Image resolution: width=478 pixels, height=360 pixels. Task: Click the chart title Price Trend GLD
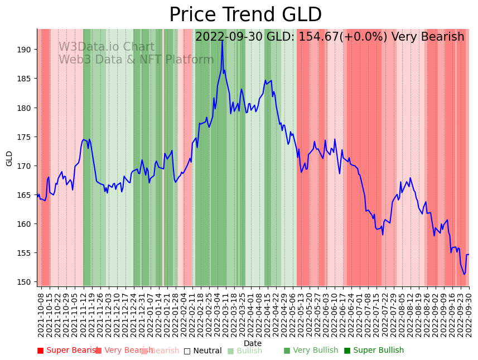tap(245, 15)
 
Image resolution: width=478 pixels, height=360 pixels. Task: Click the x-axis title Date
tap(253, 343)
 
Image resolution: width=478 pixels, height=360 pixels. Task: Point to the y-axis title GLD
tap(9, 158)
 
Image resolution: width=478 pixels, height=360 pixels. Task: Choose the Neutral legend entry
tap(203, 351)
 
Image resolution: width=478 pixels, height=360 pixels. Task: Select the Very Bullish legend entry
tap(311, 351)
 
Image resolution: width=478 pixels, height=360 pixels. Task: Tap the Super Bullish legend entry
tap(374, 351)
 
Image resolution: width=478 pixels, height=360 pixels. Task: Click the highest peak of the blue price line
tap(222, 40)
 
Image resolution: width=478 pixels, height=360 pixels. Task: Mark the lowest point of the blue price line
tap(464, 274)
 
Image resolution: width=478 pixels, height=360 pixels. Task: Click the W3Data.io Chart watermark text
tap(107, 47)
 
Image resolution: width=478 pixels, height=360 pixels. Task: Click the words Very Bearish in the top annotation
tap(427, 37)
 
